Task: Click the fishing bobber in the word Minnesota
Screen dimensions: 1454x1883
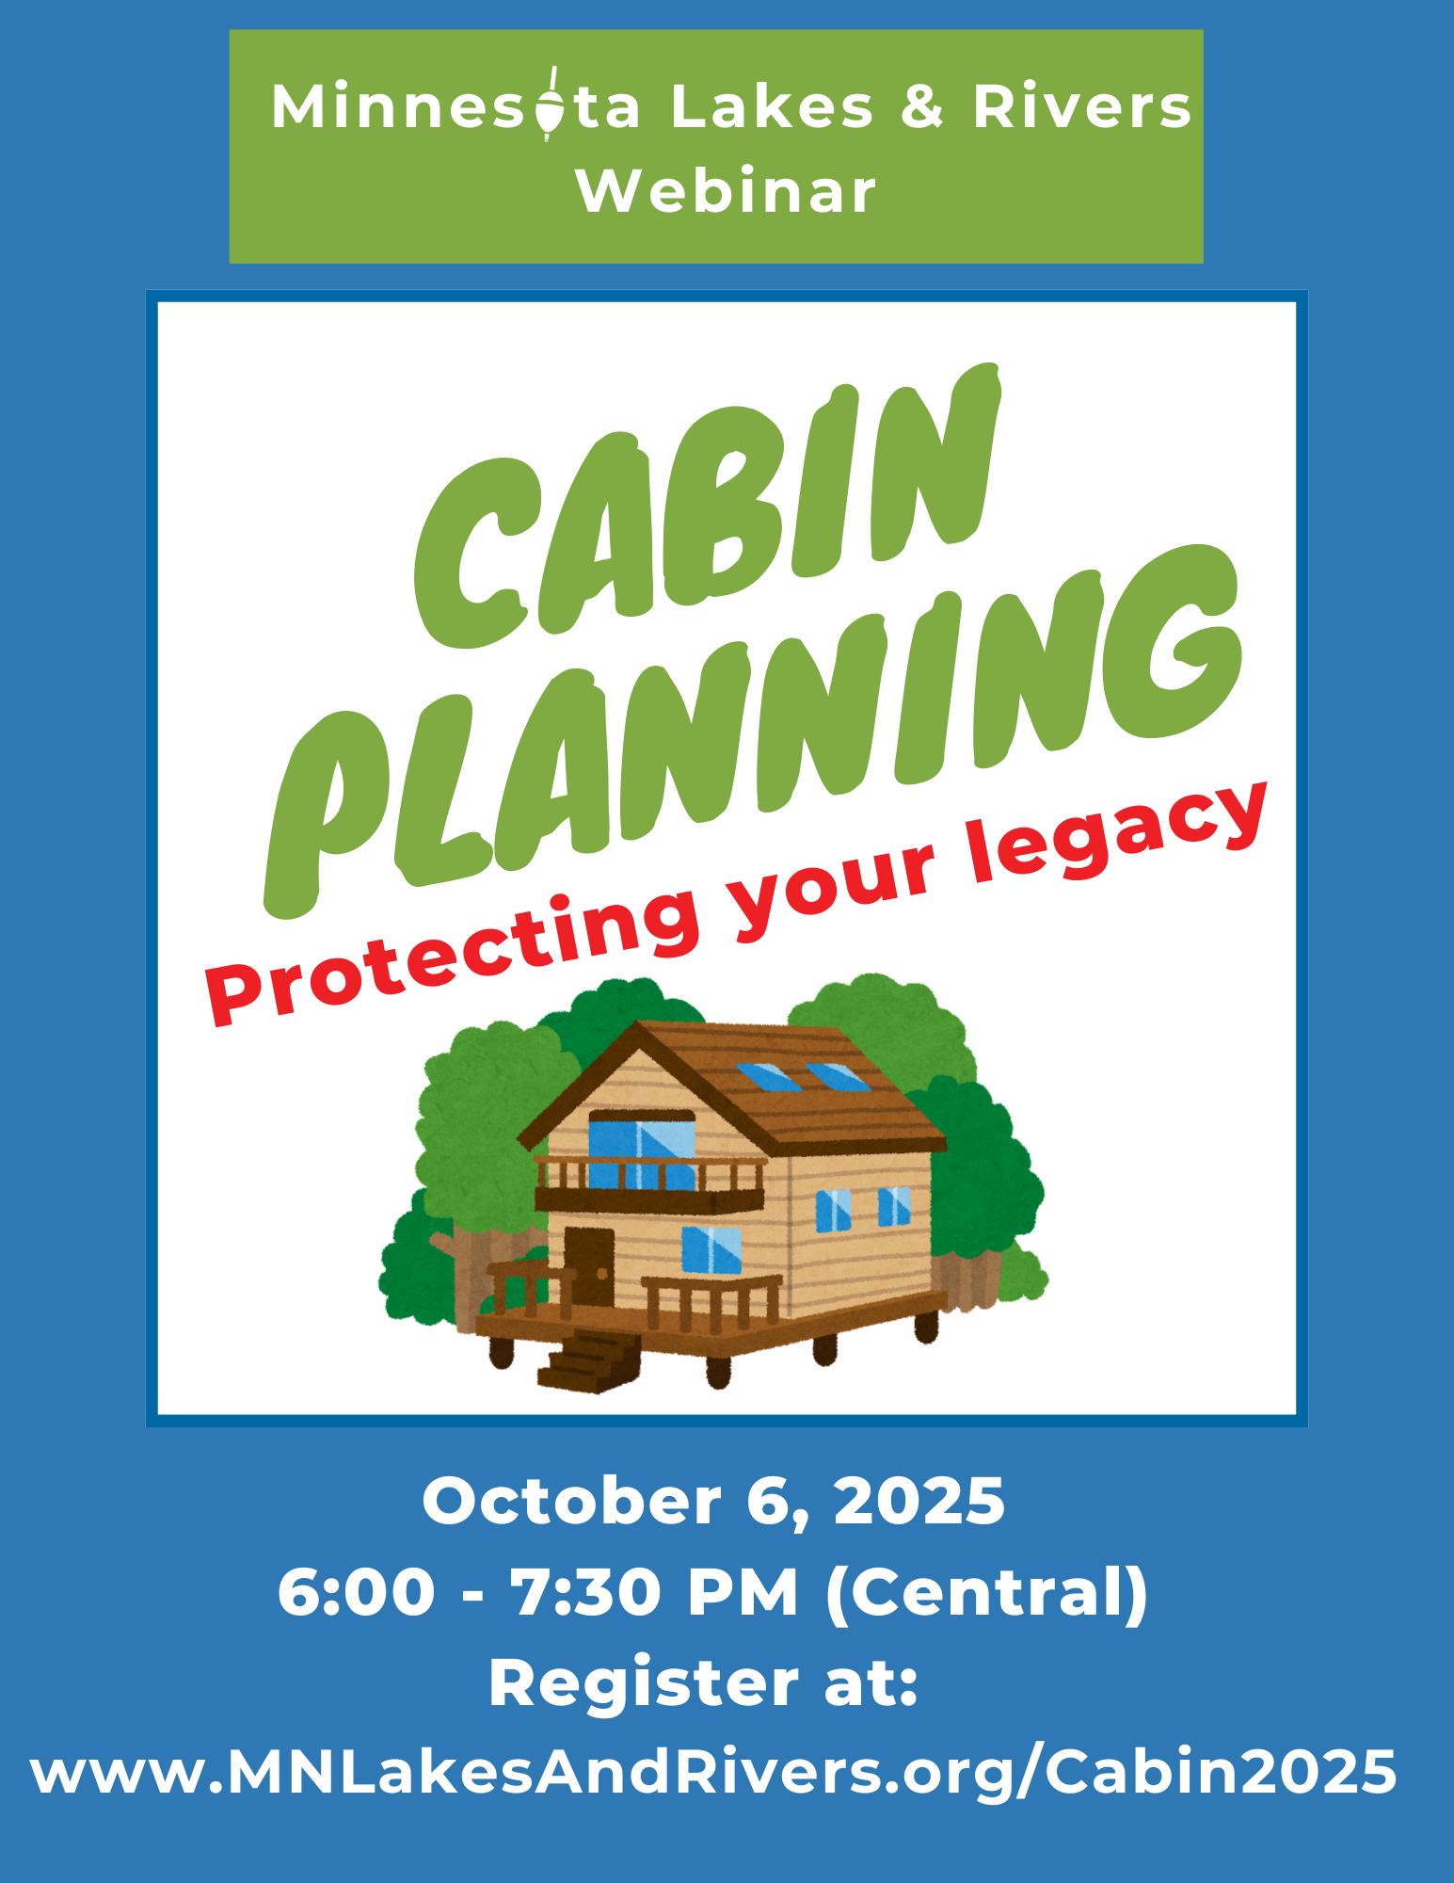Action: [550, 105]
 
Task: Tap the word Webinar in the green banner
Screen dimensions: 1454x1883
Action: [727, 192]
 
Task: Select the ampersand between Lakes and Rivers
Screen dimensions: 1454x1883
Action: [921, 106]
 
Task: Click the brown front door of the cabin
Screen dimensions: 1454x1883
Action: [588, 1266]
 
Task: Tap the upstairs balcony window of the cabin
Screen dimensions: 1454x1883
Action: [642, 1150]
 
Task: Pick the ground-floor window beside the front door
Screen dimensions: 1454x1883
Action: [711, 1250]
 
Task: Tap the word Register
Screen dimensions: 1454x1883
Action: [644, 1685]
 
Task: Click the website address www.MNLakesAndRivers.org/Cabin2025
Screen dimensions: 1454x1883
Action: [713, 1774]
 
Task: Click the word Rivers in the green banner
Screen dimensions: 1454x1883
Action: [1082, 106]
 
